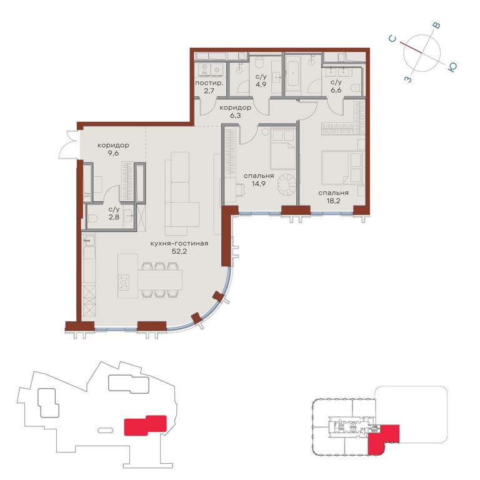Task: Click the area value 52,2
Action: point(179,252)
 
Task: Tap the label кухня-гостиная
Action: point(179,244)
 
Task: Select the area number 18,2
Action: point(333,201)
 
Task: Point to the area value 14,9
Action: point(258,184)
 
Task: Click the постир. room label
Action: point(209,83)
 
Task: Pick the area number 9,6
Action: point(113,153)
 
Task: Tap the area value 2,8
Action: point(114,217)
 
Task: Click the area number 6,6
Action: point(336,90)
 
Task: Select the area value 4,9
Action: point(261,84)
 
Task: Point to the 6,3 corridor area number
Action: point(236,116)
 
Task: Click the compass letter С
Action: point(392,39)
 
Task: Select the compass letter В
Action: point(436,26)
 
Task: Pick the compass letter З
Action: point(408,79)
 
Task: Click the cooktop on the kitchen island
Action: point(124,282)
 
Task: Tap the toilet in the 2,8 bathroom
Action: point(92,219)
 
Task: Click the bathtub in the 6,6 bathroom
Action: point(293,74)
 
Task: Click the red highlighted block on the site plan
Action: point(145,425)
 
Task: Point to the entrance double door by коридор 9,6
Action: point(69,145)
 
